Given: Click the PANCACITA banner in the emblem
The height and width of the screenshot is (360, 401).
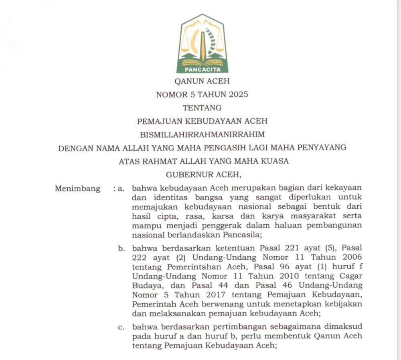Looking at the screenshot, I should point(202,70).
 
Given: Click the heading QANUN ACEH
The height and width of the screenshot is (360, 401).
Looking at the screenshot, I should point(202,81).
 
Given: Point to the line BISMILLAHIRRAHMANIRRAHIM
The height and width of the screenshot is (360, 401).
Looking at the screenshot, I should point(202,134).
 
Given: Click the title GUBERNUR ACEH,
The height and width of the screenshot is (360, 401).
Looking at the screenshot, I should point(202,175).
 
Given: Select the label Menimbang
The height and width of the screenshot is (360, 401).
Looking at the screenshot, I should point(77,189).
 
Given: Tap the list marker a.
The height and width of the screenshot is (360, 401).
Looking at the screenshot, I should point(120,189).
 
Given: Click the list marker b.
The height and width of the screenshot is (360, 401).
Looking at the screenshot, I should point(120,249).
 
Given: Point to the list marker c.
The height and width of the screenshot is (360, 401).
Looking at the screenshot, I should point(120,327).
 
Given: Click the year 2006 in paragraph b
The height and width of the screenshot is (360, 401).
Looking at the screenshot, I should point(350,258).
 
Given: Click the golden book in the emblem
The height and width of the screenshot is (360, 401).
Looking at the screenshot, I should point(202,63).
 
